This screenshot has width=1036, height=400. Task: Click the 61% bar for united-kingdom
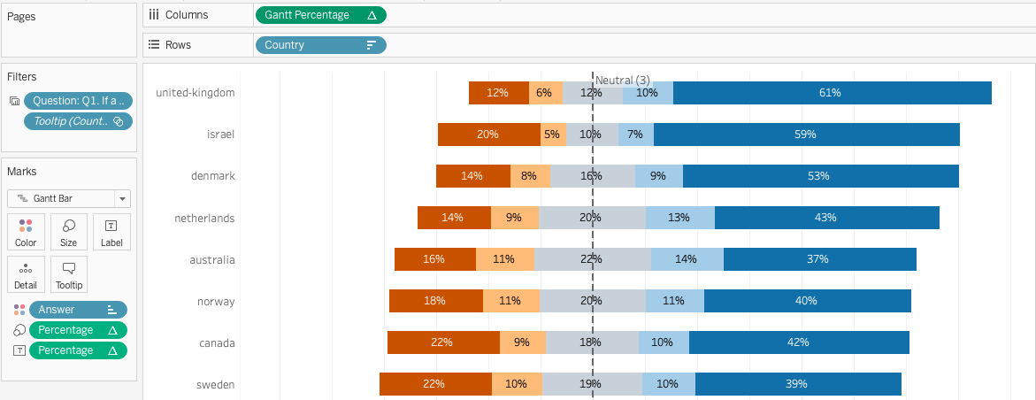click(832, 93)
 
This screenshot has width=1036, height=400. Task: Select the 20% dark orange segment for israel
click(488, 135)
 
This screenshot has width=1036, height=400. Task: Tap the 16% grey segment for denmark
click(592, 176)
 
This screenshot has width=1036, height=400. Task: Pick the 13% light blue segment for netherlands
click(679, 218)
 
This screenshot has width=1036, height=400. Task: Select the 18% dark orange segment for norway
click(435, 301)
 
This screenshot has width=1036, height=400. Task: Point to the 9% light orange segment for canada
click(522, 342)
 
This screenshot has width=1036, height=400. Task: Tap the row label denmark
click(213, 176)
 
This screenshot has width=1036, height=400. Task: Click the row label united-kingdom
click(196, 93)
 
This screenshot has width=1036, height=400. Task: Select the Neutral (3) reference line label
click(623, 81)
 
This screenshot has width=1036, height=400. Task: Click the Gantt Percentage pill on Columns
click(319, 15)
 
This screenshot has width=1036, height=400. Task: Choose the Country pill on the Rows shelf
click(319, 45)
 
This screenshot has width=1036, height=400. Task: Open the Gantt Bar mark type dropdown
click(69, 198)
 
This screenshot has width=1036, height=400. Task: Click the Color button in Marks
click(26, 232)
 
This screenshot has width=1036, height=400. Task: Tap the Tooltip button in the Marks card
click(69, 274)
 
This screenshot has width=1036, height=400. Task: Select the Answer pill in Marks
click(78, 310)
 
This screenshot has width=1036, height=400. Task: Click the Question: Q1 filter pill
click(78, 101)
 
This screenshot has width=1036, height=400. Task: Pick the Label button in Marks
click(111, 232)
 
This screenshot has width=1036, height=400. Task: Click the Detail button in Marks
click(26, 274)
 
